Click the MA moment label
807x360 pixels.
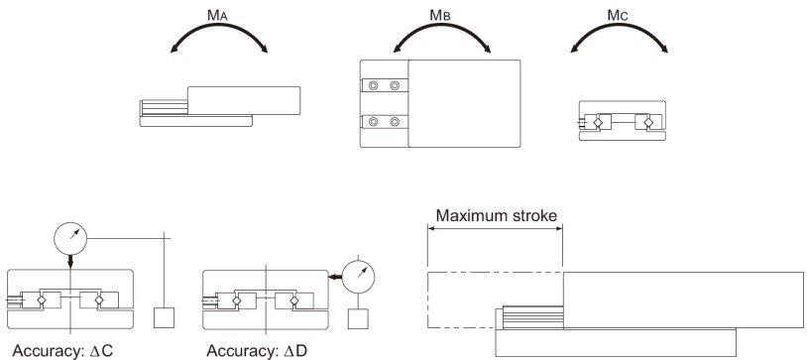(x=218, y=15)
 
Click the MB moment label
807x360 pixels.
(x=440, y=15)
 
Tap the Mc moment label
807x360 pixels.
(x=618, y=15)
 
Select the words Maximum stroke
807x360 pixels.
(x=496, y=215)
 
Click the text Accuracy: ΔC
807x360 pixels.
(x=62, y=351)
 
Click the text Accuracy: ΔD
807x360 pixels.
(x=257, y=351)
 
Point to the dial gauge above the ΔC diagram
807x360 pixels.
(x=70, y=238)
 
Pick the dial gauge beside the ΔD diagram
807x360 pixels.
(x=358, y=277)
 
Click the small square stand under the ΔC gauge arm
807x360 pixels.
(x=165, y=317)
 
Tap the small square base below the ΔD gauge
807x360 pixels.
(x=358, y=318)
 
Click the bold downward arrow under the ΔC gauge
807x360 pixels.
(x=70, y=262)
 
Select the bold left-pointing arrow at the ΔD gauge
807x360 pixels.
(x=335, y=277)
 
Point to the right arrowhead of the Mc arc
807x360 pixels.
(x=664, y=50)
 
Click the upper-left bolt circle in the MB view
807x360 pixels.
(x=373, y=85)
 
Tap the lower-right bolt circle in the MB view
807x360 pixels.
(x=395, y=122)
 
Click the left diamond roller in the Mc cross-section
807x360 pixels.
(x=598, y=123)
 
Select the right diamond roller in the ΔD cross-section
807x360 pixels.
(x=293, y=300)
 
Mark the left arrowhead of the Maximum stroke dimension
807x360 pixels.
(x=432, y=230)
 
